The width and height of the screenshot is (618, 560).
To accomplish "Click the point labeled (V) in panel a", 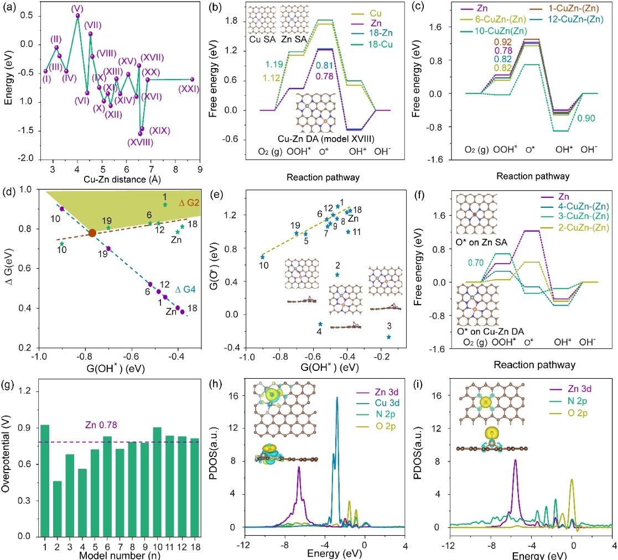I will tap(77, 15).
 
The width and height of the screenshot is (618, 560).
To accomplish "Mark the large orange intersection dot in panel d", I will tap(92, 233).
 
